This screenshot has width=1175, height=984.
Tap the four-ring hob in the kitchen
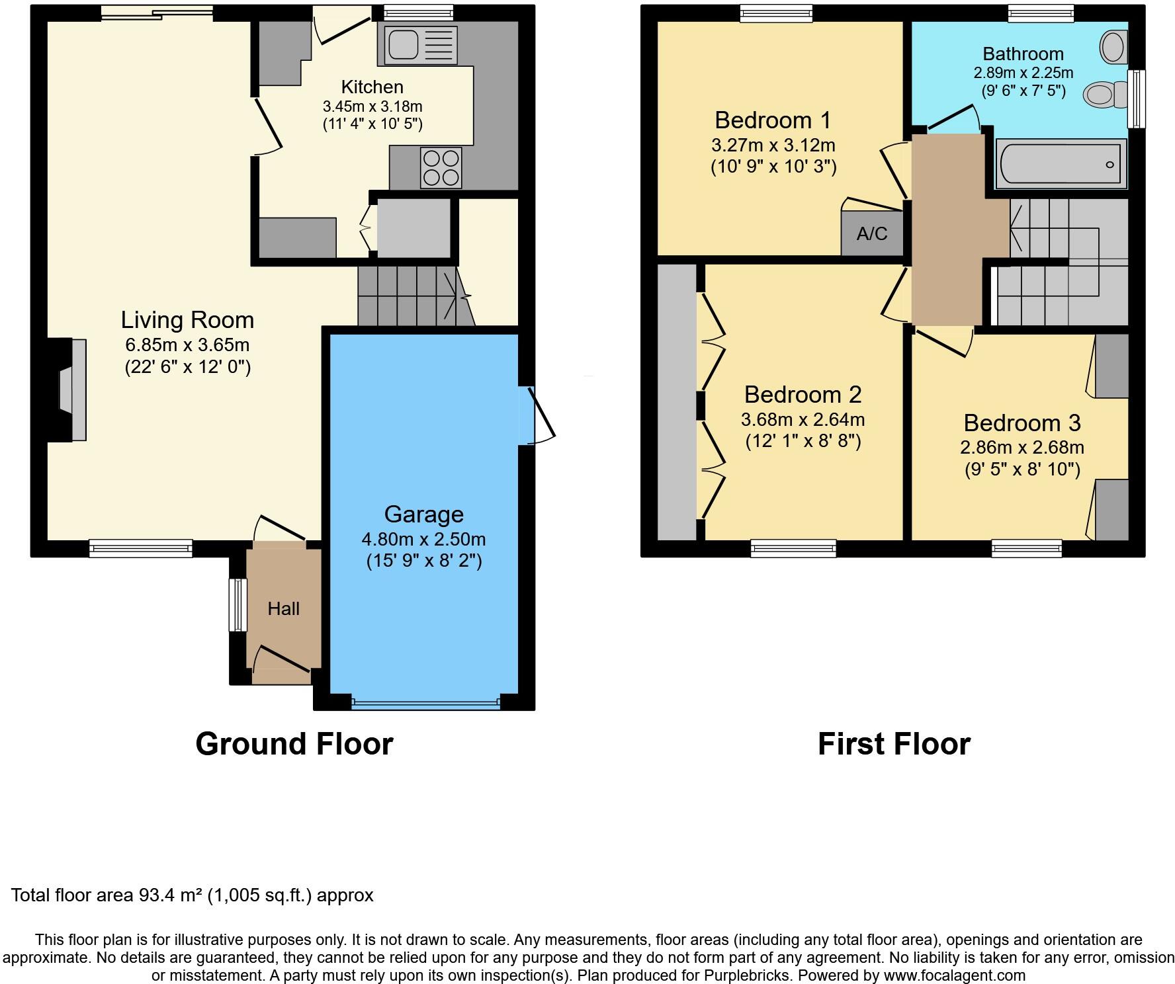[x=441, y=168]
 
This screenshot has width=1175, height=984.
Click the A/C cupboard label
[x=871, y=233]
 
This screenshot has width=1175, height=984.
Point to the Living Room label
[x=187, y=320]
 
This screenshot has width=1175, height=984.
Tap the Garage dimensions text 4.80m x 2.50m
[x=423, y=539]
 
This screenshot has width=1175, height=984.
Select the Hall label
[x=283, y=608]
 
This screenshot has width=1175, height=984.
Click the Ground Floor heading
[x=294, y=744]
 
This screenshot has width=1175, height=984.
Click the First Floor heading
[x=894, y=744]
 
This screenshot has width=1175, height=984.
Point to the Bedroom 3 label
[x=1022, y=423]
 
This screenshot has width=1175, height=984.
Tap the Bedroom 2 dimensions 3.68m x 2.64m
[x=803, y=419]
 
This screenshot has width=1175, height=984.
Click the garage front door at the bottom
[x=425, y=705]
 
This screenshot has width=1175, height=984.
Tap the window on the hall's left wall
[x=237, y=604]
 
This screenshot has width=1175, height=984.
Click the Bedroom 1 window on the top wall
[x=775, y=13]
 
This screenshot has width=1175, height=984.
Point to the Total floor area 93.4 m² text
[x=192, y=895]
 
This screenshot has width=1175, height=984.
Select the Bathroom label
[x=1023, y=54]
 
